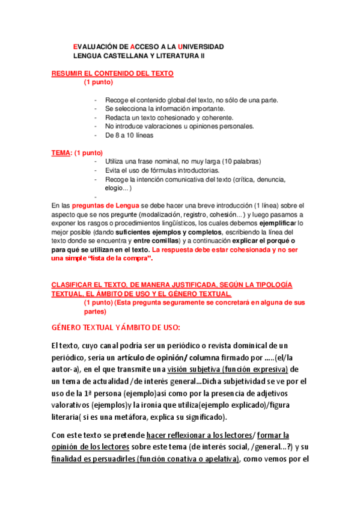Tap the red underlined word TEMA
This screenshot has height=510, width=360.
61,153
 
